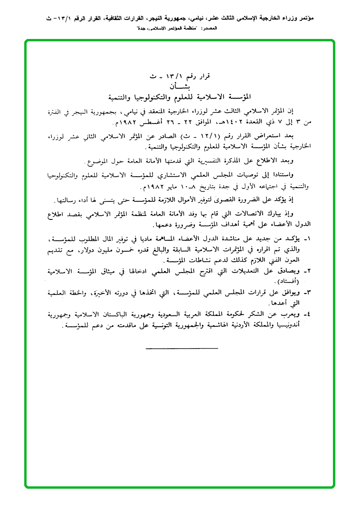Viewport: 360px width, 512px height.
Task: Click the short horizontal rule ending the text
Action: (x=182, y=349)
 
